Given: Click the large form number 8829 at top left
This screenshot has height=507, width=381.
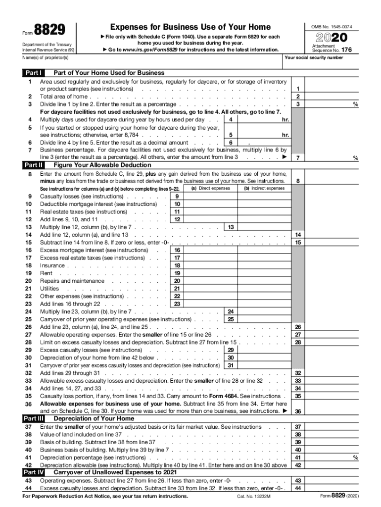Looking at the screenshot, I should [49, 31].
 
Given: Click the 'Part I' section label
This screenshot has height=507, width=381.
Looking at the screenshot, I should [33, 73].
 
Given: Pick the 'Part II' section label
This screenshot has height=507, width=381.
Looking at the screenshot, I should [34, 165].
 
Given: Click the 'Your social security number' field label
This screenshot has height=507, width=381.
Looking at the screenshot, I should [314, 57].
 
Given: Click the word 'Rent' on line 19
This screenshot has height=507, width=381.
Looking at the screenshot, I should [46, 273].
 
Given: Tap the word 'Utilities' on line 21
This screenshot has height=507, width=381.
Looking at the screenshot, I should [49, 289].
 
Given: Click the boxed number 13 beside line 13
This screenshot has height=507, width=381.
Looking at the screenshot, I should [231, 227].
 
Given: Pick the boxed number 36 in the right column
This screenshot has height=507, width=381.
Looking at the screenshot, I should [298, 411].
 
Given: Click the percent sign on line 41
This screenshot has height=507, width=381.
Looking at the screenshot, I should [355, 458].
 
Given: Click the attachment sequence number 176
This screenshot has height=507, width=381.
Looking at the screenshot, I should [346, 50].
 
